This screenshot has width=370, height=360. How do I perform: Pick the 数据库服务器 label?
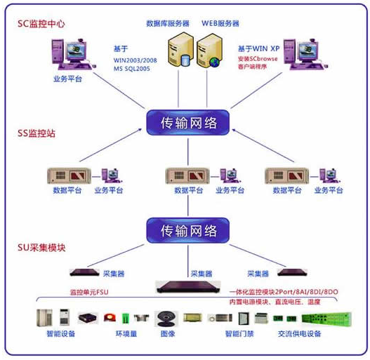click(168, 23)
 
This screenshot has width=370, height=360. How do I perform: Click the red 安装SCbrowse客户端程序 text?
click(266, 63)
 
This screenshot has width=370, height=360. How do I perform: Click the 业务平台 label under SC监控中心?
click(67, 78)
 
